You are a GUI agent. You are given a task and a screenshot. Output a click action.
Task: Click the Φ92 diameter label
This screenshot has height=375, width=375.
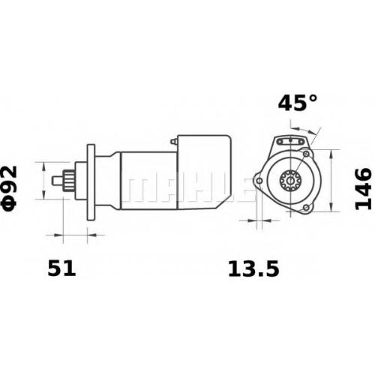[10, 186]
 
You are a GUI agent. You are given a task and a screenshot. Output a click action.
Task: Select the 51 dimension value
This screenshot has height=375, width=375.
[61, 268]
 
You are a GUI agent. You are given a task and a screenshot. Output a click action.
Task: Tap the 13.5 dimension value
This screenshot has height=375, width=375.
[253, 268]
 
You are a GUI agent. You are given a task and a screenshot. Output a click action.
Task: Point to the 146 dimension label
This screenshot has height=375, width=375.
[363, 187]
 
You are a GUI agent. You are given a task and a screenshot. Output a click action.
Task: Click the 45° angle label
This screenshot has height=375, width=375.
[298, 102]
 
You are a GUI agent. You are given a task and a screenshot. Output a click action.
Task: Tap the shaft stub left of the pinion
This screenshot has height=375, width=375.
[58, 180]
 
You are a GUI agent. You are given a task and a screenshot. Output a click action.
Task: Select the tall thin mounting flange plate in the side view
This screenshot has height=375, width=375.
[91, 182]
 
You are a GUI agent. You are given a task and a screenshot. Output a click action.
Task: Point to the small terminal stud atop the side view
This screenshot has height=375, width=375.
[174, 141]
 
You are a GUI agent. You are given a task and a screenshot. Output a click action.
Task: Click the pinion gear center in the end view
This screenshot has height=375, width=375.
[290, 180]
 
